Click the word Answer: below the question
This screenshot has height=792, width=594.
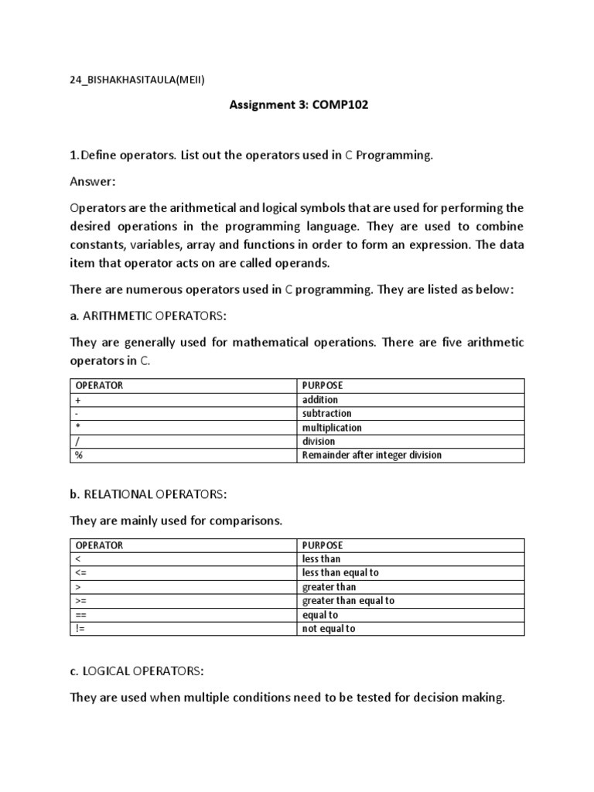[92, 181]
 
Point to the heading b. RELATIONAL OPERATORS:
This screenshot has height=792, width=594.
[148, 494]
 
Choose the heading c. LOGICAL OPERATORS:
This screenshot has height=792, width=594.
[138, 671]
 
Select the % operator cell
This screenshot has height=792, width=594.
[79, 456]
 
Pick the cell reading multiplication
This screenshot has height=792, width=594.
[332, 428]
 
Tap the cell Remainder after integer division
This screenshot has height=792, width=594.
[372, 456]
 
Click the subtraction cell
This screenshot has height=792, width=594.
[326, 414]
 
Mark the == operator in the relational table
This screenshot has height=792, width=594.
[80, 615]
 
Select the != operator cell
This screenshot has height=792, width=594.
[80, 629]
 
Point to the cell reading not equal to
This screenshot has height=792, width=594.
[329, 629]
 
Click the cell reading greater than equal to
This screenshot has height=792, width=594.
[348, 601]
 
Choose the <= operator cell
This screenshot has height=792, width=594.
[80, 573]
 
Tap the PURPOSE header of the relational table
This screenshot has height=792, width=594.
[323, 545]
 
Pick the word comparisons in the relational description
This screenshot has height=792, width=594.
[244, 521]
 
